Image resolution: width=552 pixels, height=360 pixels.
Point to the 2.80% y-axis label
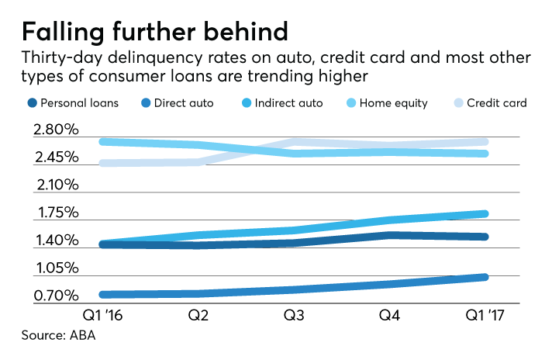point(55,130)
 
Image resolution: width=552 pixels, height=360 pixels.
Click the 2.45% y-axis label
point(55,157)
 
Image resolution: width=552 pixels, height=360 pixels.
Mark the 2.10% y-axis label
point(55,185)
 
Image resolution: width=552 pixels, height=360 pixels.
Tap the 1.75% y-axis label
point(55,213)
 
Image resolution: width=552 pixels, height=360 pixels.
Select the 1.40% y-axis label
point(55,241)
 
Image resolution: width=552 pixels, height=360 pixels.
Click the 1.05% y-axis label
point(55,268)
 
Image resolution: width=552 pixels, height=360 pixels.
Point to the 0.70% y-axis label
point(55,296)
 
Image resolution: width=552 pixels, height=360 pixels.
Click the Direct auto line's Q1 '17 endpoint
point(484,277)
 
